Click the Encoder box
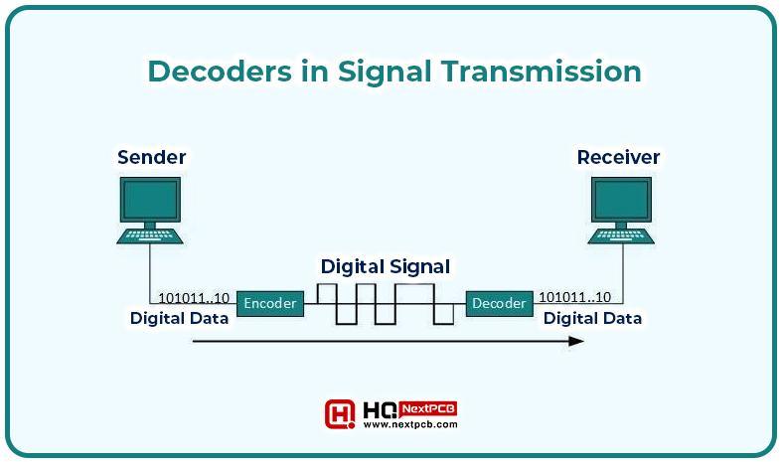[x=270, y=303]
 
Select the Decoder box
[x=499, y=303]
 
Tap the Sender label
[x=152, y=157]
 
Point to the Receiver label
[x=618, y=157]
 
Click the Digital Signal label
[x=385, y=267]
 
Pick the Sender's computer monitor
[x=150, y=200]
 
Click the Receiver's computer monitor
[x=621, y=200]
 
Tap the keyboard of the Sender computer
[x=150, y=236]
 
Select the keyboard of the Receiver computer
[x=621, y=236]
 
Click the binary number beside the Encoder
[x=194, y=298]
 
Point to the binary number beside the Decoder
[x=574, y=297]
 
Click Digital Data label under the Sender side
[x=179, y=318]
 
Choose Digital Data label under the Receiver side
[x=592, y=318]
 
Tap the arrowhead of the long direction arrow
[x=576, y=341]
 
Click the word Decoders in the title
[x=220, y=71]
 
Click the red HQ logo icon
[x=340, y=413]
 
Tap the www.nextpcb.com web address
[x=410, y=424]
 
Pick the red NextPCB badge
[x=428, y=409]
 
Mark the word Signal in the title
[x=385, y=73]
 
